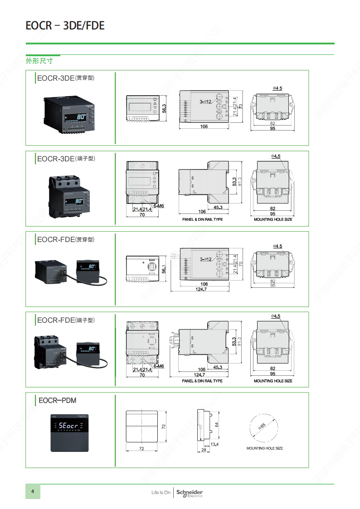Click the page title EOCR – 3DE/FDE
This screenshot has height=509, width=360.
pyautogui.click(x=65, y=26)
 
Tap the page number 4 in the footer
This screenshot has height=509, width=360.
pyautogui.click(x=32, y=492)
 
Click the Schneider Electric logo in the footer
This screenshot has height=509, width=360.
pyautogui.click(x=189, y=493)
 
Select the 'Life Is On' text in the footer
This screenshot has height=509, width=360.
pyautogui.click(x=161, y=492)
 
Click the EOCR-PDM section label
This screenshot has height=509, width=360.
pyautogui.click(x=57, y=401)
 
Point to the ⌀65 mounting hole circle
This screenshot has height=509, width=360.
pyautogui.click(x=262, y=427)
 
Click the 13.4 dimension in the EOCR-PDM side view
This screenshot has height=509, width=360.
pyautogui.click(x=214, y=445)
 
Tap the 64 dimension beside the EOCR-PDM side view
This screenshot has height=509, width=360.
pyautogui.click(x=217, y=425)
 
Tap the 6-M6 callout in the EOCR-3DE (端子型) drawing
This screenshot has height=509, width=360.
pyautogui.click(x=159, y=206)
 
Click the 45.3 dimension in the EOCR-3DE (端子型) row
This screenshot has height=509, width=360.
pyautogui.click(x=218, y=207)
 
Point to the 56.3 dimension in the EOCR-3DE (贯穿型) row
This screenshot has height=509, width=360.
pyautogui.click(x=165, y=108)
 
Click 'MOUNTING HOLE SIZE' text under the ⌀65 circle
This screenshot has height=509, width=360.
pyautogui.click(x=264, y=448)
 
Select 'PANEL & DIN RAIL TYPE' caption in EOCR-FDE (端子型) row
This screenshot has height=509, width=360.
pyautogui.click(x=202, y=381)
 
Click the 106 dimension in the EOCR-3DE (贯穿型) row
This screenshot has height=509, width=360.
pyautogui.click(x=204, y=126)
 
